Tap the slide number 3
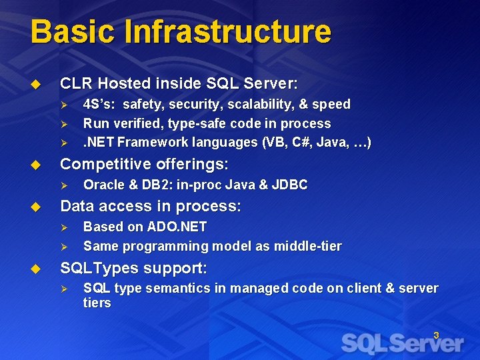436,335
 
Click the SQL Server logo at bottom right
402,343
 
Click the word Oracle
103,185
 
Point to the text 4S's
99,104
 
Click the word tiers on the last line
97,303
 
